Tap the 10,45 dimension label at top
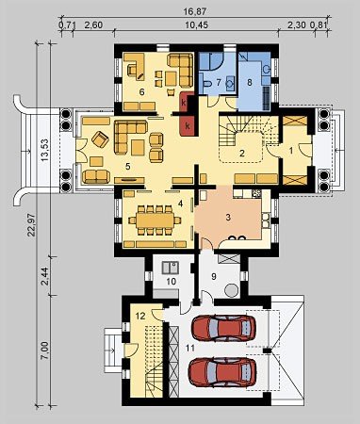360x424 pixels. (196, 25)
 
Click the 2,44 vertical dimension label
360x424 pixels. (45, 276)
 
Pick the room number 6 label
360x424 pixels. (141, 92)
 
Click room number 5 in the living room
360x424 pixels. (127, 166)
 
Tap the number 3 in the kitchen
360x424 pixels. (228, 218)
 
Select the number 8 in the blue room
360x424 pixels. (250, 83)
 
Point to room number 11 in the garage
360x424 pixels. (190, 348)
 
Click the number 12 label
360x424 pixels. (140, 316)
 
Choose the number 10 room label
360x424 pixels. (172, 281)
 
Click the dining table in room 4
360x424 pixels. (155, 220)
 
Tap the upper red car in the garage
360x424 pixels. (223, 328)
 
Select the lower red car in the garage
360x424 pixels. (222, 372)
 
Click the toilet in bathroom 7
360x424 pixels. (207, 84)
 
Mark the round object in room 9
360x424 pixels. (232, 290)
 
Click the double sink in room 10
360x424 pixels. (171, 268)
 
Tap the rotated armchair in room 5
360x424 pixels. (100, 139)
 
